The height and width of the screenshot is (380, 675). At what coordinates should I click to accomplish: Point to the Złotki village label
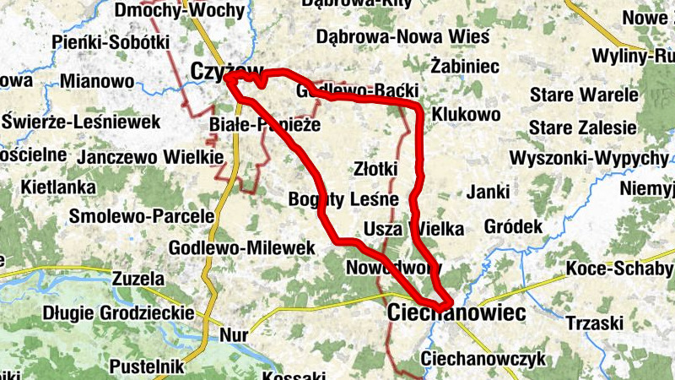(375, 169)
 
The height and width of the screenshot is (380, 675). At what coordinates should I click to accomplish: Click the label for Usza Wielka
(413, 228)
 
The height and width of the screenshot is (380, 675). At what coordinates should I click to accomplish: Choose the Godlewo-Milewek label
(241, 248)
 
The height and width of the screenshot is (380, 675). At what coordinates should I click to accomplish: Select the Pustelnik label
(146, 366)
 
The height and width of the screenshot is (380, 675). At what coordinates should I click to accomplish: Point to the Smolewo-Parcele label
(142, 216)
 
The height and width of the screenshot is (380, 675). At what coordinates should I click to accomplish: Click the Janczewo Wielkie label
(150, 157)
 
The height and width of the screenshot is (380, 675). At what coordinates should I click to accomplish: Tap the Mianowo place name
(97, 82)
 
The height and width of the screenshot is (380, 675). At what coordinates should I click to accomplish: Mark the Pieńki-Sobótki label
(111, 41)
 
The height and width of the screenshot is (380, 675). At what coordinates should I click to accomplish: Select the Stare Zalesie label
(582, 128)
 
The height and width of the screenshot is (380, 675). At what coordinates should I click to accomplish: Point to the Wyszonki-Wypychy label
(589, 159)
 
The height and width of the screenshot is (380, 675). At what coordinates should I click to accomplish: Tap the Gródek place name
(512, 227)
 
